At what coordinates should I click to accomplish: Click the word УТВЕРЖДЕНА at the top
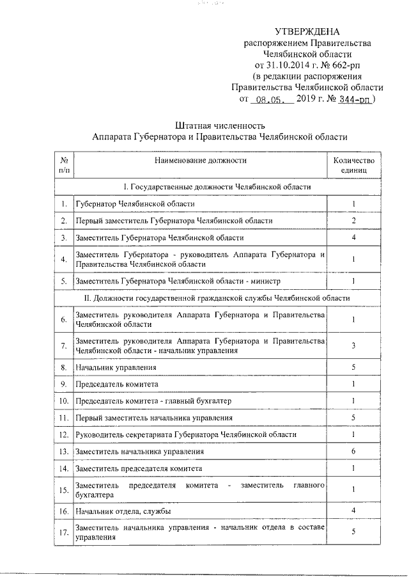point(307,31)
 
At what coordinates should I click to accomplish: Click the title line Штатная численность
point(219,124)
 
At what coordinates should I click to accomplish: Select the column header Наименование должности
point(199,161)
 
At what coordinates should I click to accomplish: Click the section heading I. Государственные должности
point(217,186)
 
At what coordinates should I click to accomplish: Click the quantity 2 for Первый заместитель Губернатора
point(353,221)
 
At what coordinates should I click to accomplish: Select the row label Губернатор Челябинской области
point(135,203)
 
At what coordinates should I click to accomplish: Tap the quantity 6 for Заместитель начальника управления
point(353,451)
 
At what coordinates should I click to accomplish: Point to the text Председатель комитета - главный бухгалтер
point(153,401)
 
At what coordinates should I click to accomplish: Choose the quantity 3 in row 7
point(353,345)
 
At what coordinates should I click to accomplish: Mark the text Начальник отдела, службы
point(123,511)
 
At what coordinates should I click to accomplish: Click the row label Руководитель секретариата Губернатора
point(185,434)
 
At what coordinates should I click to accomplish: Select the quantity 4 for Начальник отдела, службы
point(353,511)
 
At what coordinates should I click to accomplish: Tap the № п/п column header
point(64,166)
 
